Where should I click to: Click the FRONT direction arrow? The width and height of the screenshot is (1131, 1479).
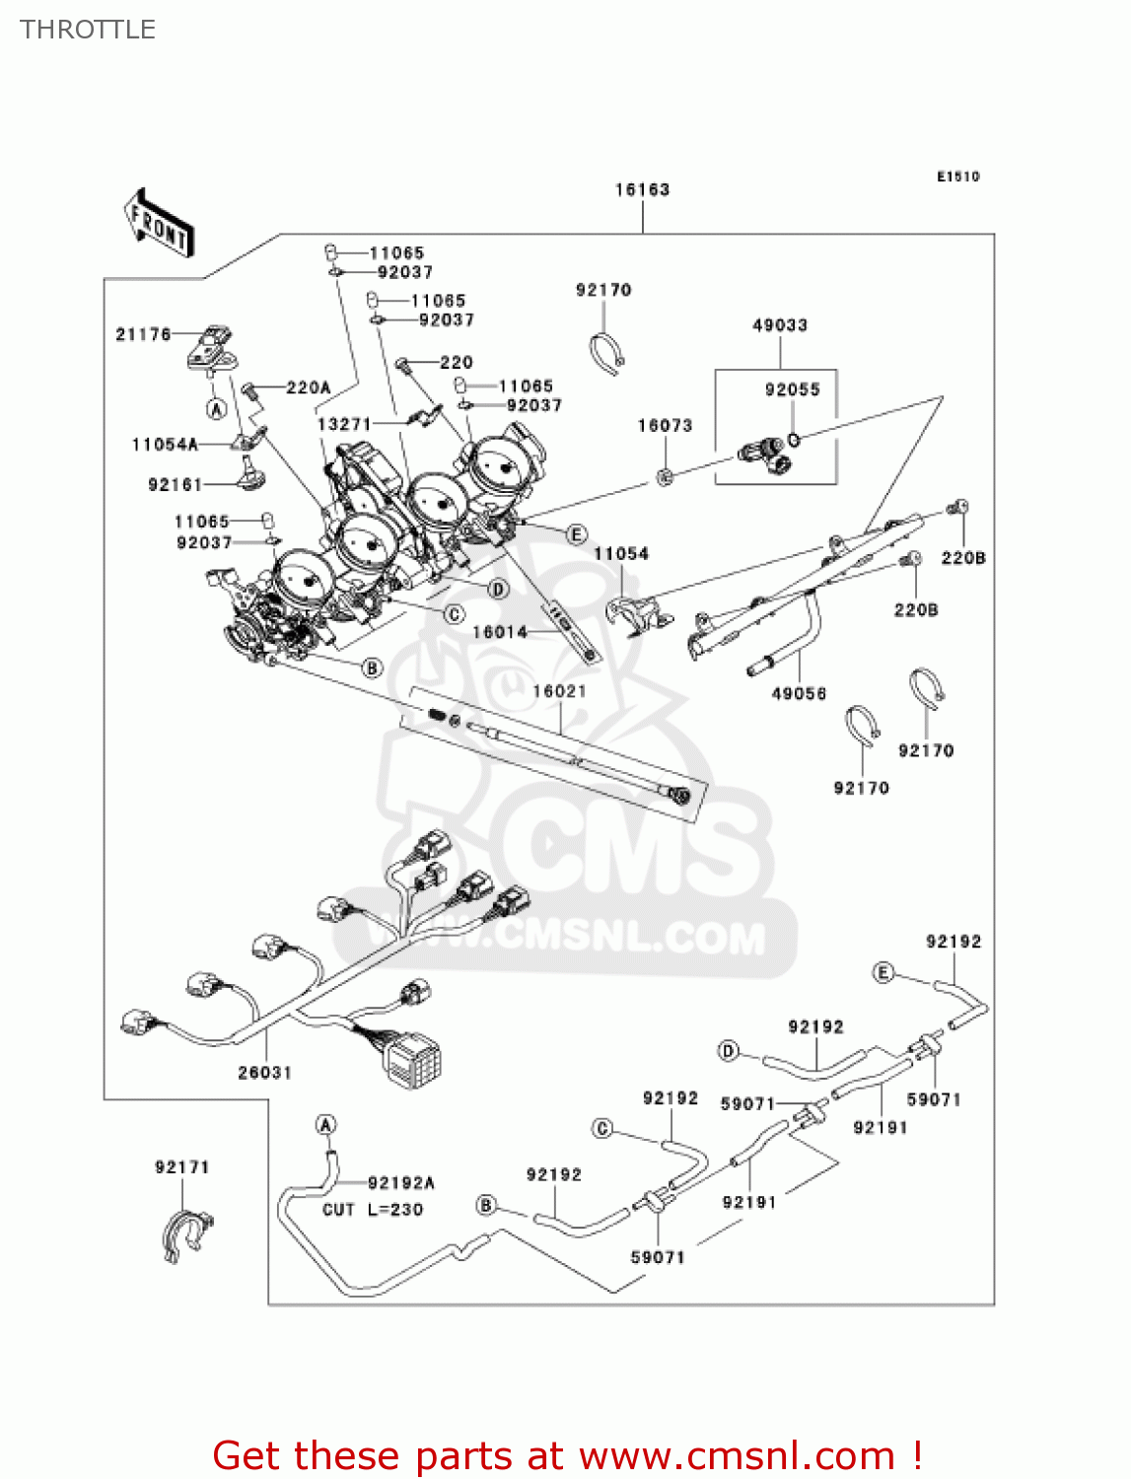(159, 223)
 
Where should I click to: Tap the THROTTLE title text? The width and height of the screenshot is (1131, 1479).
(88, 30)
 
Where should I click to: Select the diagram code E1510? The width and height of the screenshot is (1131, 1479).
(957, 176)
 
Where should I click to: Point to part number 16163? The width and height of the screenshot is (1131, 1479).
(642, 189)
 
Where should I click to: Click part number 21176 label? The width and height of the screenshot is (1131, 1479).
(143, 334)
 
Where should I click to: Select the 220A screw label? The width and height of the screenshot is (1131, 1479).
(308, 387)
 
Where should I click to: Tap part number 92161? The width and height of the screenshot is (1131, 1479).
(175, 484)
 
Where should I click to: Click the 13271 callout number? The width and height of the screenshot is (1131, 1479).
(343, 424)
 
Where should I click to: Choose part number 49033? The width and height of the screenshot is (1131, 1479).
(779, 324)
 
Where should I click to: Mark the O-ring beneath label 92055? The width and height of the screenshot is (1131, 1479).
(795, 438)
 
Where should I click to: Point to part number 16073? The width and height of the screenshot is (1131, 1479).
(665, 425)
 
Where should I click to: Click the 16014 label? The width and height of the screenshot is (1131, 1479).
(500, 632)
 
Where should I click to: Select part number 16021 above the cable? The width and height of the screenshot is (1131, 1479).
(559, 691)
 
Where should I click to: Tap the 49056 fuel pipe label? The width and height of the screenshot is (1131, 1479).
(799, 693)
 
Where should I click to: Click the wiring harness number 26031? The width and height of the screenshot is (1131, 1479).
(264, 1072)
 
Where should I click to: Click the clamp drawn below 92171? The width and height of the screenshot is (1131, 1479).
(184, 1232)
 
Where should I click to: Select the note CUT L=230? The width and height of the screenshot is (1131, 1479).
(373, 1209)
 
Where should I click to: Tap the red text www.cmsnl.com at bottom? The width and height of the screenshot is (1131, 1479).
(736, 1455)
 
